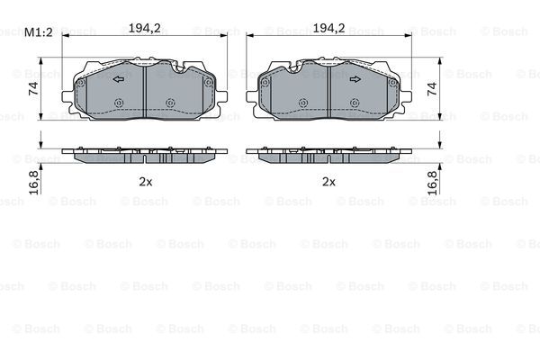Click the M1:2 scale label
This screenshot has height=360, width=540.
pyautogui.click(x=38, y=32)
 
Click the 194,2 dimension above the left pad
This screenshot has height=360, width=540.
pyautogui.click(x=145, y=28)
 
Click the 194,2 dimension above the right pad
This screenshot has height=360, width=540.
pyautogui.click(x=328, y=28)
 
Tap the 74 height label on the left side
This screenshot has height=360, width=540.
pyautogui.click(x=34, y=88)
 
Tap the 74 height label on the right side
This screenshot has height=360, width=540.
pyautogui.click(x=432, y=88)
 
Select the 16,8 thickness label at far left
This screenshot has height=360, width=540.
pyautogui.click(x=34, y=183)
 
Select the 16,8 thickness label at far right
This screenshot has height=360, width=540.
pyautogui.click(x=432, y=183)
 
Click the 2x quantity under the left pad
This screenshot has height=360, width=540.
pyautogui.click(x=145, y=182)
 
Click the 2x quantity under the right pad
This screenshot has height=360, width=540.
pyautogui.click(x=328, y=182)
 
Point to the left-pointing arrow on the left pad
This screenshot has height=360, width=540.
pyautogui.click(x=119, y=79)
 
